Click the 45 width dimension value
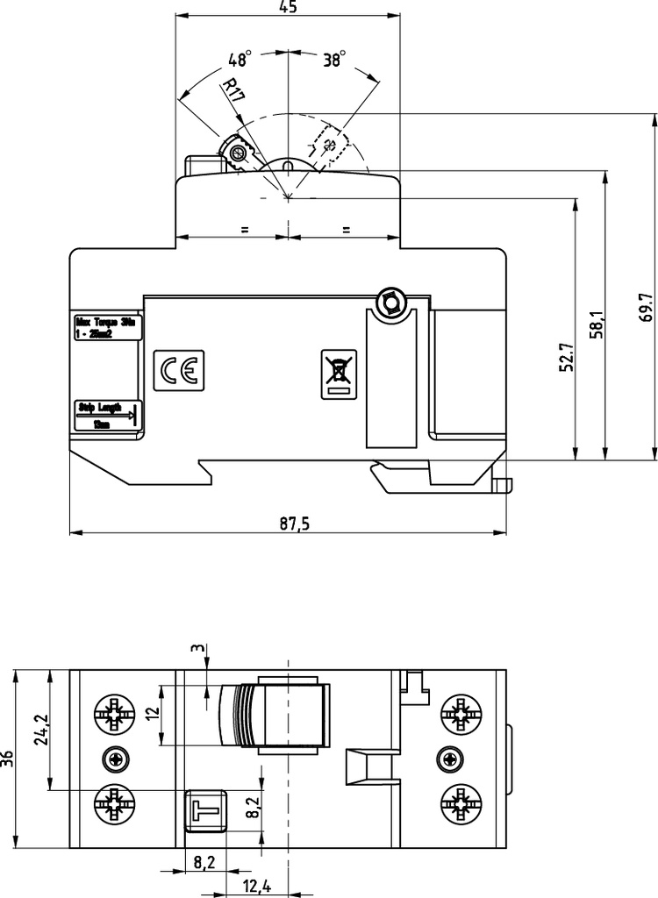click(x=287, y=7)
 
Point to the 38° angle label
click(x=334, y=60)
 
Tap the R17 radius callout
click(x=233, y=90)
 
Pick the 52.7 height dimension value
click(x=566, y=359)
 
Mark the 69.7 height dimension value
click(x=646, y=309)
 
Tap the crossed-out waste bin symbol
click(x=338, y=373)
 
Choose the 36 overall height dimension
click(x=8, y=759)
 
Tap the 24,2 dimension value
click(x=39, y=727)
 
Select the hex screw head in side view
click(x=389, y=303)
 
